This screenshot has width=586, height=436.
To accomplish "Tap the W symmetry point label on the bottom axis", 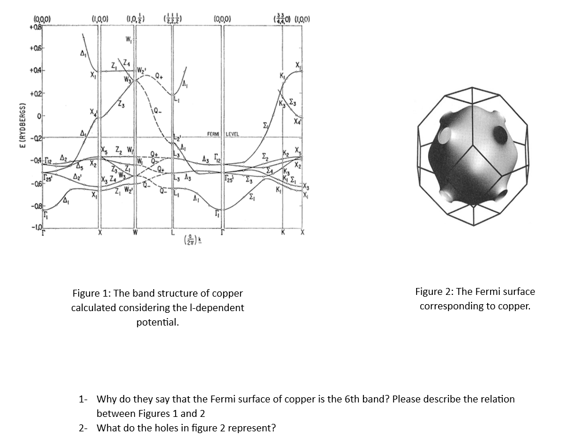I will coord(135,233).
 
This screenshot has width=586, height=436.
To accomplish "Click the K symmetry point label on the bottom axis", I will coord(283,233).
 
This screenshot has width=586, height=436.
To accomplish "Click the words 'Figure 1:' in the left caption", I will coord(91,293).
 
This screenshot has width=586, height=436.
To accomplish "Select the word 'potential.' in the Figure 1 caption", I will coord(157,322).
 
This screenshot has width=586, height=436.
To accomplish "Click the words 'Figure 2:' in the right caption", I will coord(434,291).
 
